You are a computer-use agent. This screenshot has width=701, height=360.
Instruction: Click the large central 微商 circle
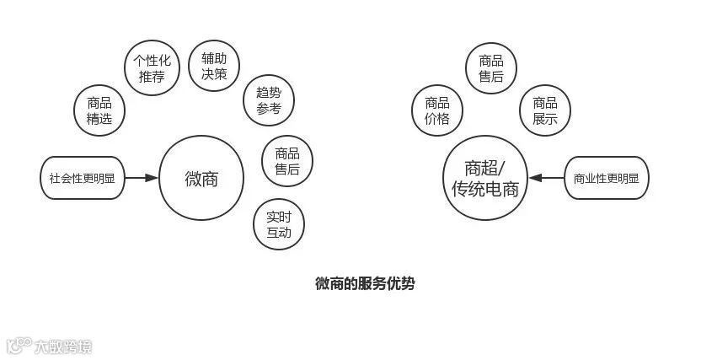(201, 178)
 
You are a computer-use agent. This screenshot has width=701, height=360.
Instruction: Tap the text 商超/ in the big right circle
(484, 167)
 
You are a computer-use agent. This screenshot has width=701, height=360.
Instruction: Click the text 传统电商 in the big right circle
(484, 189)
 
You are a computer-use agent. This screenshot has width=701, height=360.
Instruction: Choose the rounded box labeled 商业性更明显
(606, 178)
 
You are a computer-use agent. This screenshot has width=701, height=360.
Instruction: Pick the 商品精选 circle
(99, 110)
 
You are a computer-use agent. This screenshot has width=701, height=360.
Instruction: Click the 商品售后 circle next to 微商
(287, 161)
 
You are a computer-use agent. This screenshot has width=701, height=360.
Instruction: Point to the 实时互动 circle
(278, 224)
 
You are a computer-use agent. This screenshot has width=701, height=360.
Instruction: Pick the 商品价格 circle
(436, 110)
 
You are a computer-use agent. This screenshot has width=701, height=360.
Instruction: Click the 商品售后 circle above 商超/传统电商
(491, 69)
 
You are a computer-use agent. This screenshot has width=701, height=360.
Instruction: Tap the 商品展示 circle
(545, 110)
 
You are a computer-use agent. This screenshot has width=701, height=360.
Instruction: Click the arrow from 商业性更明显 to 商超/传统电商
(548, 178)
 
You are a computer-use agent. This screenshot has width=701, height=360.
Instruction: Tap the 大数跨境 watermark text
(62, 346)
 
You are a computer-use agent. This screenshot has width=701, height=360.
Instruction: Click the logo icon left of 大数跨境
(19, 345)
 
